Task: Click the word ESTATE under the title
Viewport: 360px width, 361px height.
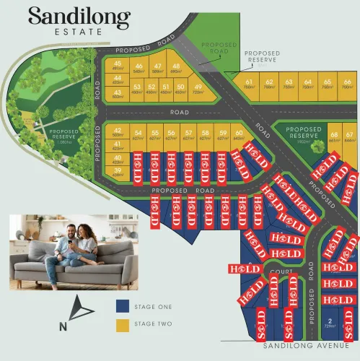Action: point(79,32)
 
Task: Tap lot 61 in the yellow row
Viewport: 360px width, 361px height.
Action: point(249,86)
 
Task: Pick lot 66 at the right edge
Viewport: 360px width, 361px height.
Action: point(347,86)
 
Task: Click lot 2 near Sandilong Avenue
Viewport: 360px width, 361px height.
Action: point(330,323)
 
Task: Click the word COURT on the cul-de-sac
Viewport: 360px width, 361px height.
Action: point(278,272)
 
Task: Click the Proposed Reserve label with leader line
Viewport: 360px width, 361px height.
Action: point(261,56)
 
